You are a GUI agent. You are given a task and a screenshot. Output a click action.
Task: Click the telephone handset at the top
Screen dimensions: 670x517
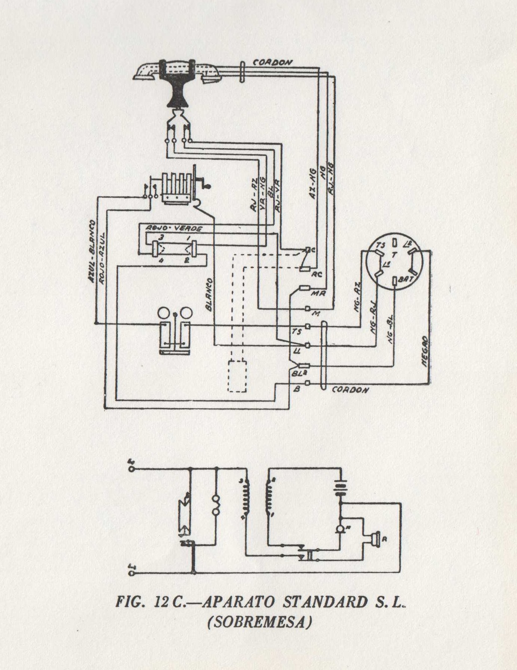[x=176, y=72]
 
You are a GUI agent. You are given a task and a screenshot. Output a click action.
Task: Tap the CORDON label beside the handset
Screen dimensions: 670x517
[x=273, y=62]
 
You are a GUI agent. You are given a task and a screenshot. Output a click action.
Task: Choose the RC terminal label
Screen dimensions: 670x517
[x=317, y=275]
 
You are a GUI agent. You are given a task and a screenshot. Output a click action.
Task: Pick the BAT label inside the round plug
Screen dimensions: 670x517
[x=405, y=279]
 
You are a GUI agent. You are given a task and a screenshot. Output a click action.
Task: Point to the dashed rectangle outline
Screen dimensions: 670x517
[x=237, y=376]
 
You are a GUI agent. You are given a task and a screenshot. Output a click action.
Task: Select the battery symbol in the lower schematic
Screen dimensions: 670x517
[x=341, y=487]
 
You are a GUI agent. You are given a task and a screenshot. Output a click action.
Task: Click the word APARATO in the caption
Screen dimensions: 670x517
[x=238, y=602]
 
